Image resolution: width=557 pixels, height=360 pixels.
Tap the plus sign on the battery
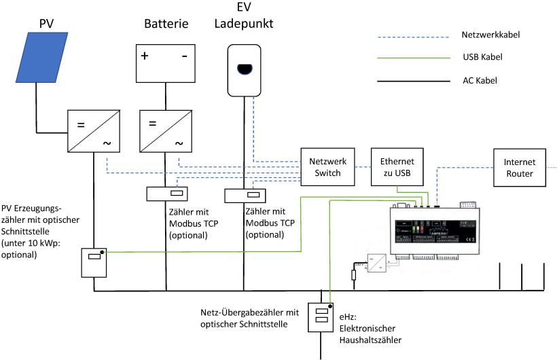145,56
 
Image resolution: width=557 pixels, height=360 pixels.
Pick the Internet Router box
520,167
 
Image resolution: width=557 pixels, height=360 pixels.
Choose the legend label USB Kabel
482,57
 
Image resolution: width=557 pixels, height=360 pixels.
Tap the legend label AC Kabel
480,80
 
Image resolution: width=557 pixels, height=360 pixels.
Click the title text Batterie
166,24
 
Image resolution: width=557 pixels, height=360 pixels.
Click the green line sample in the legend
413,57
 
